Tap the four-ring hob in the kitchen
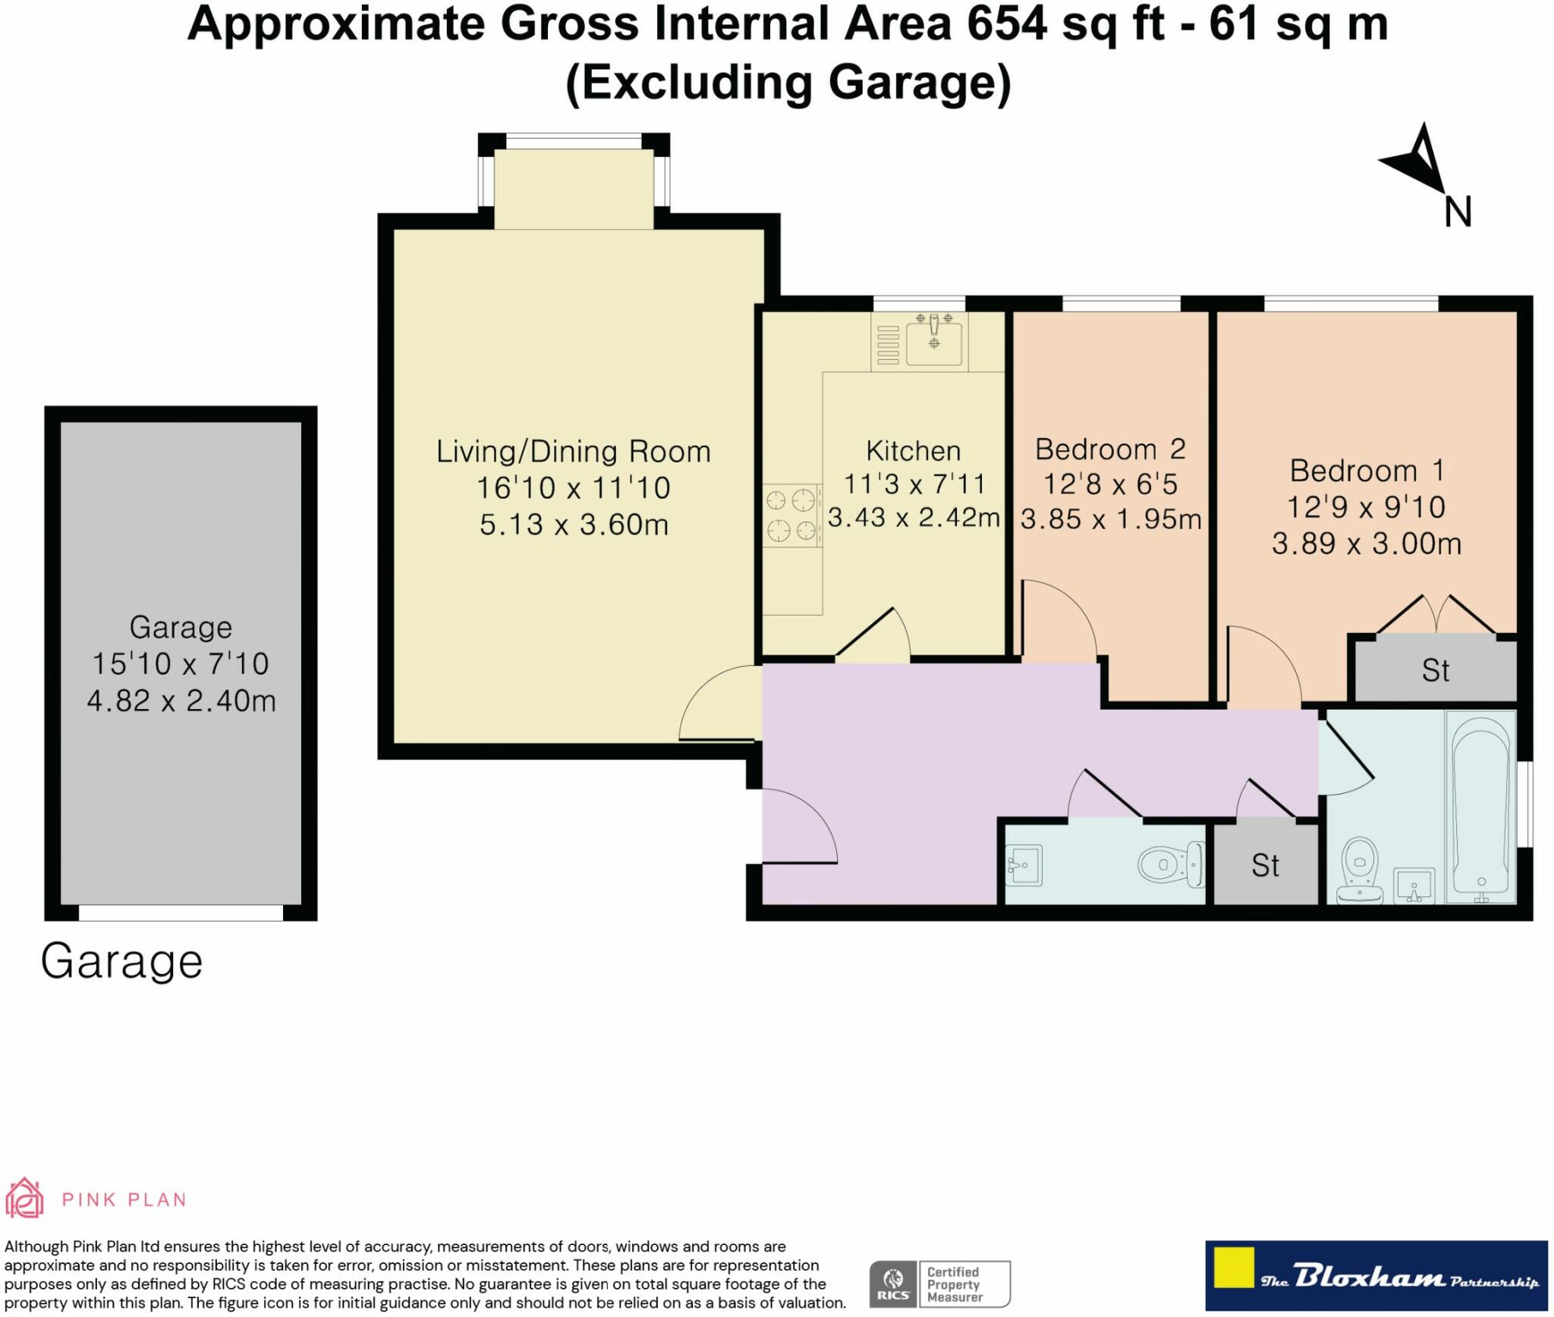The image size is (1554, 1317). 791,515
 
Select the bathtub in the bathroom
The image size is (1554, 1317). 1480,807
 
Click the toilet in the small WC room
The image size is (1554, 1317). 1172,864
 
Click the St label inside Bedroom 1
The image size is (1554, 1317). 1435,670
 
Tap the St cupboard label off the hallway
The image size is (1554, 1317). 1265,865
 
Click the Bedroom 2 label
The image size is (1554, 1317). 1110,449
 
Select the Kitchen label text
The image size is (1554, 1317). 914,451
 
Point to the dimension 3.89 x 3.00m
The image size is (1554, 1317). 1367,543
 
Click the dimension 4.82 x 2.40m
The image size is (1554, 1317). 181,700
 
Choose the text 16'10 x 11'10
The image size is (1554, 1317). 574,487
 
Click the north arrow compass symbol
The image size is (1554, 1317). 1417,159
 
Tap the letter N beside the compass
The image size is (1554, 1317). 1458,212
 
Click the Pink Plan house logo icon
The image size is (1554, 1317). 24,1199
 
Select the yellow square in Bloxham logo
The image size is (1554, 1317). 1233,1267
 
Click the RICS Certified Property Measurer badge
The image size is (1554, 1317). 940,1284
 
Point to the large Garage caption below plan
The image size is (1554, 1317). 121,963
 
